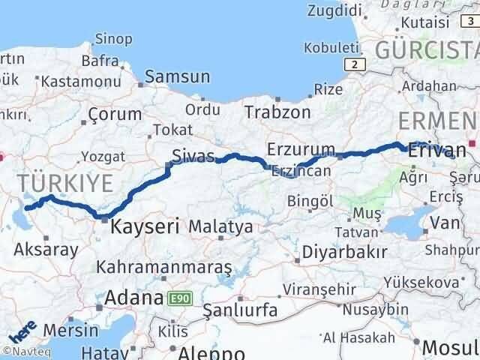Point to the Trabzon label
click(x=277, y=112)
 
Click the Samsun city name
click(x=177, y=76)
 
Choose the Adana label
click(x=134, y=298)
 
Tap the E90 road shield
click(x=180, y=298)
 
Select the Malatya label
click(x=220, y=226)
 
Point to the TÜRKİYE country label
click(x=66, y=181)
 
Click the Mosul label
click(x=450, y=348)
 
